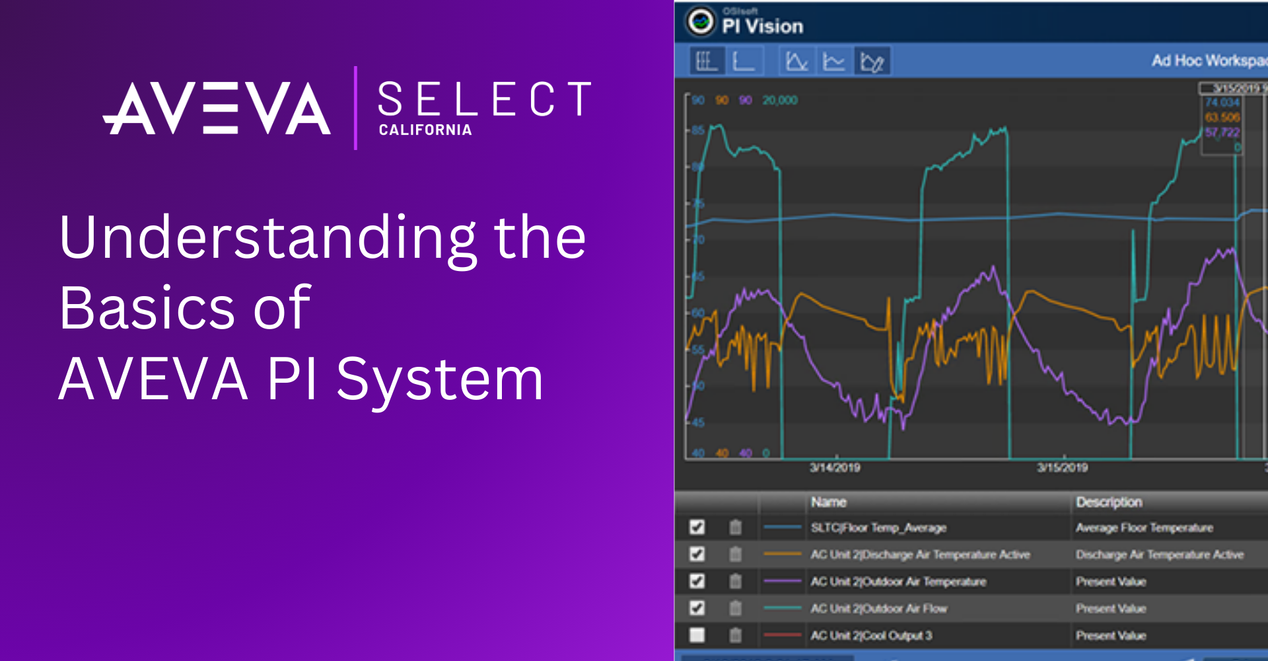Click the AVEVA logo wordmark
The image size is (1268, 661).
click(217, 108)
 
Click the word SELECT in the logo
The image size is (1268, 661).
click(484, 100)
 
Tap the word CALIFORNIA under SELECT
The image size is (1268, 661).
click(425, 130)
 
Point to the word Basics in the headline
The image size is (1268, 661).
click(146, 308)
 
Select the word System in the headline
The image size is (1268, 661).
click(440, 379)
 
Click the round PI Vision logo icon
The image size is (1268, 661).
click(700, 21)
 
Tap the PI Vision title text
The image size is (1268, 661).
click(763, 26)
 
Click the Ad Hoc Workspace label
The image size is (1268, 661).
click(1209, 61)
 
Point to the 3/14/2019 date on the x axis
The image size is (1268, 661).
click(835, 468)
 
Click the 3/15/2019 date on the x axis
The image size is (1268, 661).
click(1062, 468)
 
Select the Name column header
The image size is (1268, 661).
click(829, 502)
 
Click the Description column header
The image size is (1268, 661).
click(1109, 502)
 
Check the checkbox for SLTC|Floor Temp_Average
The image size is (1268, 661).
click(697, 527)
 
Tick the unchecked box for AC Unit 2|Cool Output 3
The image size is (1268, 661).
click(697, 635)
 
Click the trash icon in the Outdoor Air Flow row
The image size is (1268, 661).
click(735, 608)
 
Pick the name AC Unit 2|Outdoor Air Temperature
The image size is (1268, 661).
click(898, 582)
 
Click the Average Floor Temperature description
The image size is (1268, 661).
click(1145, 527)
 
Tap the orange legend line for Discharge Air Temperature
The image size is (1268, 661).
click(782, 554)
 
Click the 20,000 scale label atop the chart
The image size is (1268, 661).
click(780, 100)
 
